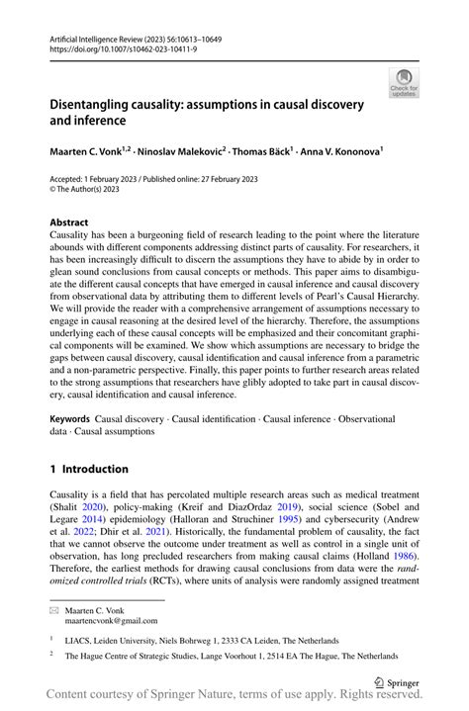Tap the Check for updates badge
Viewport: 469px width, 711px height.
pyautogui.click(x=404, y=83)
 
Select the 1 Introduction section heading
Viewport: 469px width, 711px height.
pyautogui.click(x=89, y=469)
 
